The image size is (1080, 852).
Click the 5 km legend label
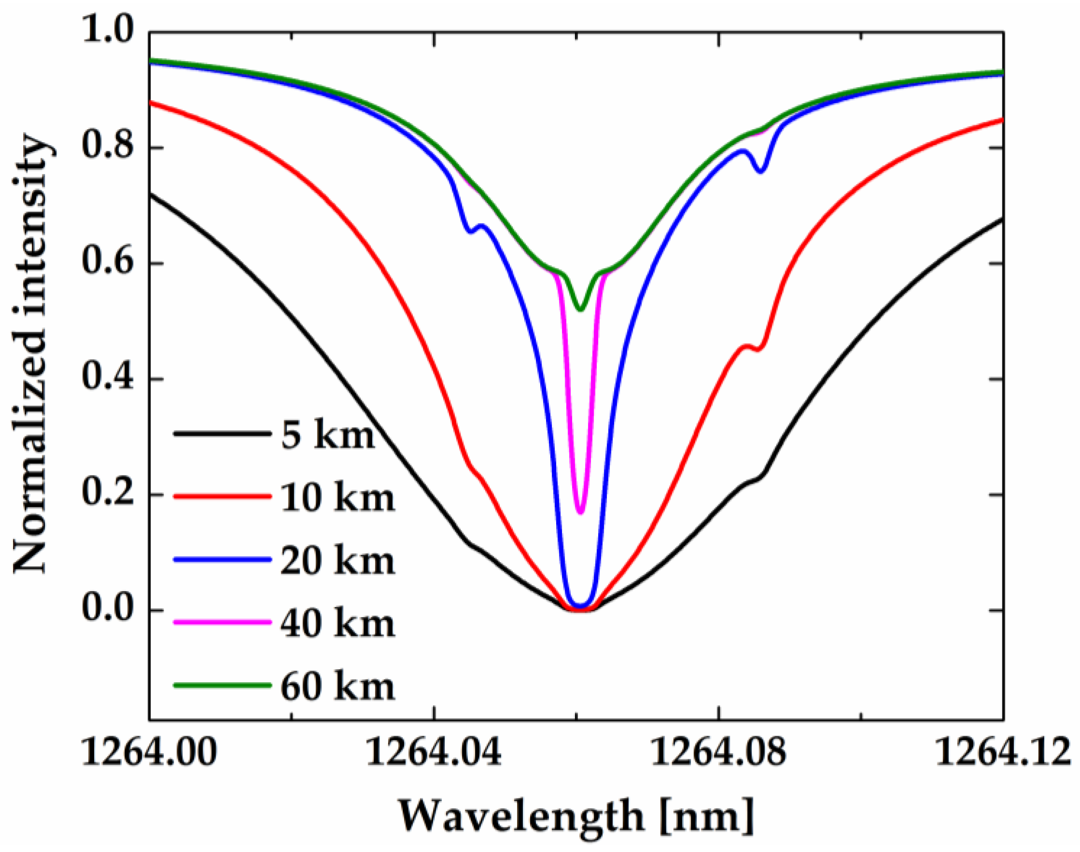pos(328,435)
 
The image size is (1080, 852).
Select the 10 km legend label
pos(337,498)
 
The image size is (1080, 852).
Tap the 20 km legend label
pos(337,561)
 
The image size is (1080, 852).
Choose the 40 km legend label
pos(337,623)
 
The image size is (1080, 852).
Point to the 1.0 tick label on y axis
pos(108,31)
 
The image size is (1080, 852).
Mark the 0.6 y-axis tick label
pos(108,262)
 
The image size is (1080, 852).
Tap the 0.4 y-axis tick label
pos(108,378)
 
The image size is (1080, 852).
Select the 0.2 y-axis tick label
pos(108,493)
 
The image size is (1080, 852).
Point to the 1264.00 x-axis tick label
pos(149,753)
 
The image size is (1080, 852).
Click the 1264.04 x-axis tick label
pos(433,753)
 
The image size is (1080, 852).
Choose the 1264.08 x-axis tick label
pos(719,753)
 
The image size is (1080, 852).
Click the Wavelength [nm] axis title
pos(576,817)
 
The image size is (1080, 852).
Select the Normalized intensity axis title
pos(33,354)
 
